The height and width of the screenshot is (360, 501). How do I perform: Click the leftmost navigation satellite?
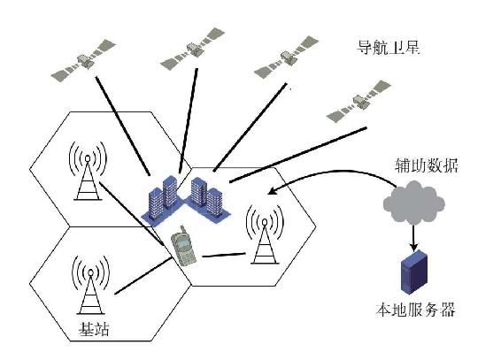(81, 60)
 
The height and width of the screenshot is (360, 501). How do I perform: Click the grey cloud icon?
(414, 203)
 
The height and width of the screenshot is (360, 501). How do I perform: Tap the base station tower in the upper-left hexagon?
(86, 176)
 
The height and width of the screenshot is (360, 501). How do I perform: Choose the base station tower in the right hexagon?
(263, 234)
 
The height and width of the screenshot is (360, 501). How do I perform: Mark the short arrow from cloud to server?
(413, 234)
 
